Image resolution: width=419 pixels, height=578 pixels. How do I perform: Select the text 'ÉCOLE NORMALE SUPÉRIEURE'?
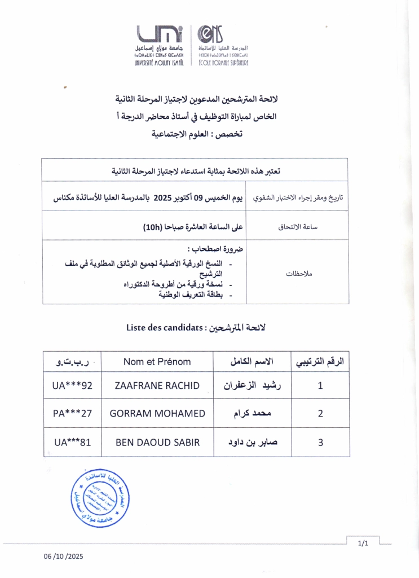(223, 63)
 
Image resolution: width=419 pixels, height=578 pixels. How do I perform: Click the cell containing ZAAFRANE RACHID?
(157, 386)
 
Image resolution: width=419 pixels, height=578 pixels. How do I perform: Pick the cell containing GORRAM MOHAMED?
(157, 413)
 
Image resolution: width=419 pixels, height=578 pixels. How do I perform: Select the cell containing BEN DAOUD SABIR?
(157, 443)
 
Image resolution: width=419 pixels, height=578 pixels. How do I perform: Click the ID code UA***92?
(72, 386)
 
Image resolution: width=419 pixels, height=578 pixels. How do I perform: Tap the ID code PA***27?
(72, 413)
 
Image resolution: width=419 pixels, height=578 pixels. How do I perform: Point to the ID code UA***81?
(72, 443)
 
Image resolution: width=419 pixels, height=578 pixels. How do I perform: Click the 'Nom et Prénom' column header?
(157, 362)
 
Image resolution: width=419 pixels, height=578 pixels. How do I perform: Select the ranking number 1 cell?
(320, 386)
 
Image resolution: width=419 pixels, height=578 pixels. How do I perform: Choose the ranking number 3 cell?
(320, 443)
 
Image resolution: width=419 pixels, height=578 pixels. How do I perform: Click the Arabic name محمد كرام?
(252, 413)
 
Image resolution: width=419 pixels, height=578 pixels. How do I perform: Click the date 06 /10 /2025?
(64, 557)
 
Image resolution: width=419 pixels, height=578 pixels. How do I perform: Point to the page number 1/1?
(363, 544)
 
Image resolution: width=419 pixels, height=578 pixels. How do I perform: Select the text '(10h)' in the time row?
(152, 227)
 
